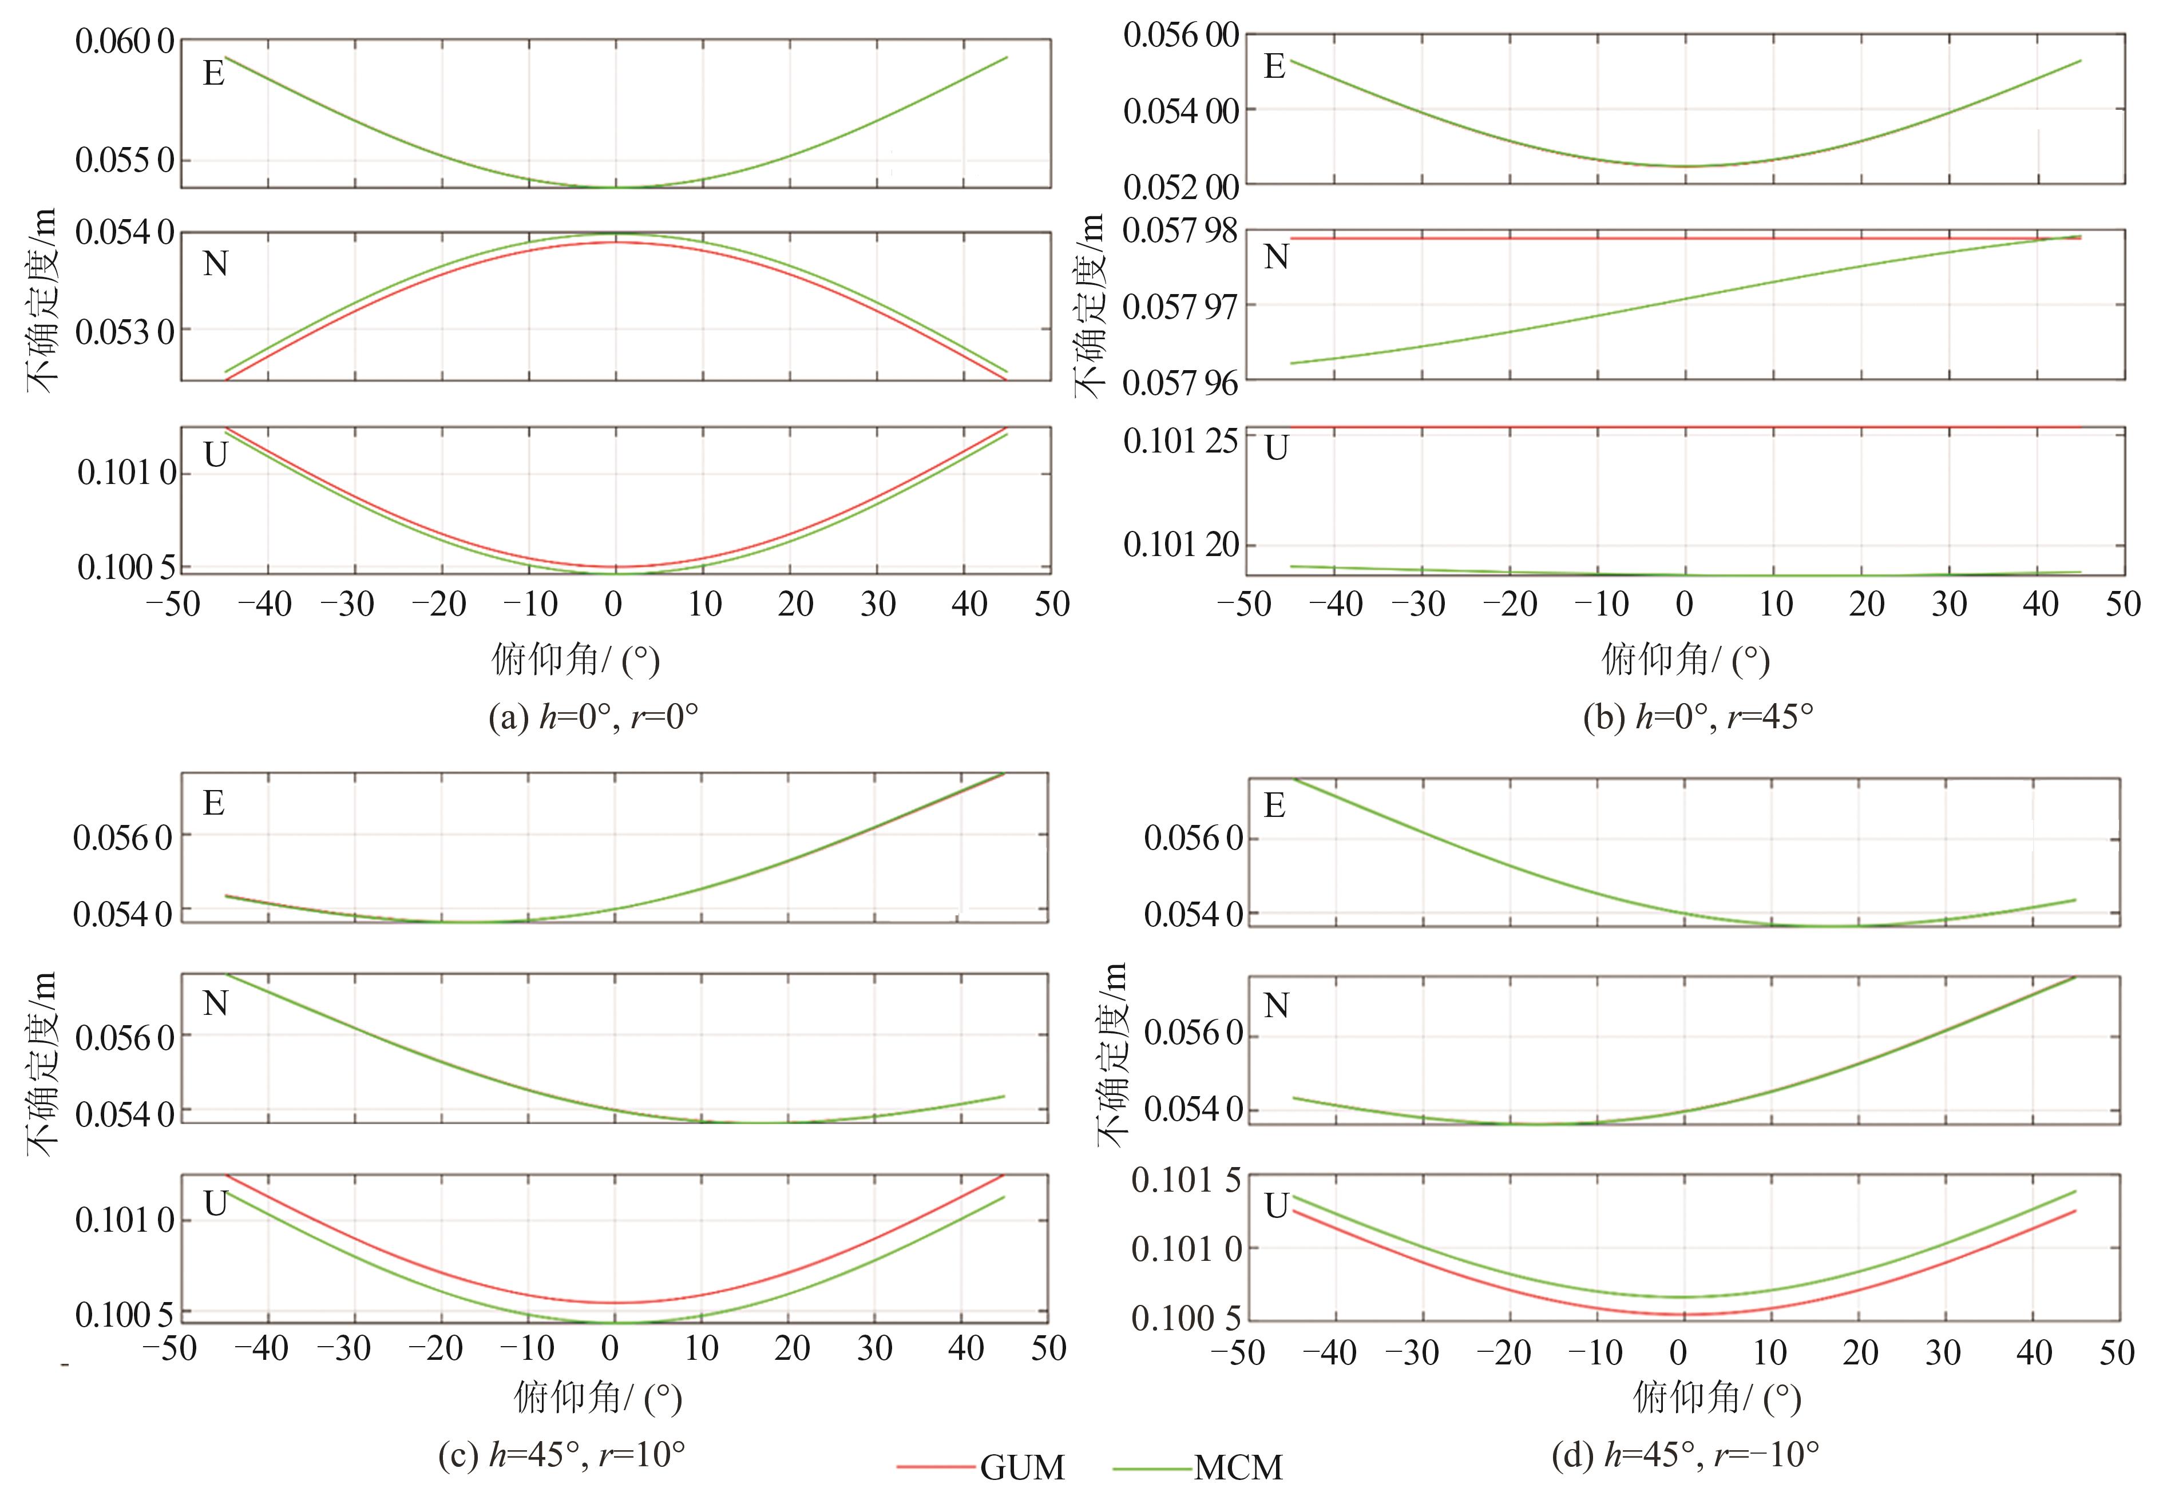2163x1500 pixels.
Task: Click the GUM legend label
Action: (x=1022, y=1467)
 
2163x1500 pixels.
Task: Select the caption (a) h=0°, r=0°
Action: (x=593, y=717)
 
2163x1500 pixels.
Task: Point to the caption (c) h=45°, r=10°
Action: (x=561, y=1455)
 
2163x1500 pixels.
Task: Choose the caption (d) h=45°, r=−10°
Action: (x=1685, y=1455)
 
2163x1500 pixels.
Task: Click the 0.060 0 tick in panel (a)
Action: (x=125, y=42)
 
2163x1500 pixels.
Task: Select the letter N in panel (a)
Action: (x=215, y=264)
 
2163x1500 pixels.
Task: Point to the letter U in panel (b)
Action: (x=1275, y=449)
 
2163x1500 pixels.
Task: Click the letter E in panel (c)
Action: (x=213, y=804)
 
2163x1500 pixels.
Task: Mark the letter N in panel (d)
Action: (x=1275, y=1007)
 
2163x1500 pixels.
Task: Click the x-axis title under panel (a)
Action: (x=575, y=660)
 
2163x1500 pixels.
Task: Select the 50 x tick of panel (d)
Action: (x=2116, y=1354)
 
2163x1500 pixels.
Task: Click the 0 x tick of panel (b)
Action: (x=1685, y=604)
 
